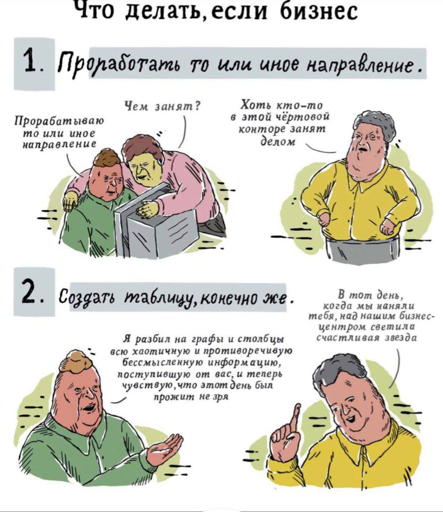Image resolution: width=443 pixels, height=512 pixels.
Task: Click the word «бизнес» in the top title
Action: [319, 11]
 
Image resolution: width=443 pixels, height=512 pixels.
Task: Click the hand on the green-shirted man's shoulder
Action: [70, 200]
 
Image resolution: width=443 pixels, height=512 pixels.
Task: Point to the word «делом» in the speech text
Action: [278, 142]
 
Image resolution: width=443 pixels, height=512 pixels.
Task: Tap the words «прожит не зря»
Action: [191, 397]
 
